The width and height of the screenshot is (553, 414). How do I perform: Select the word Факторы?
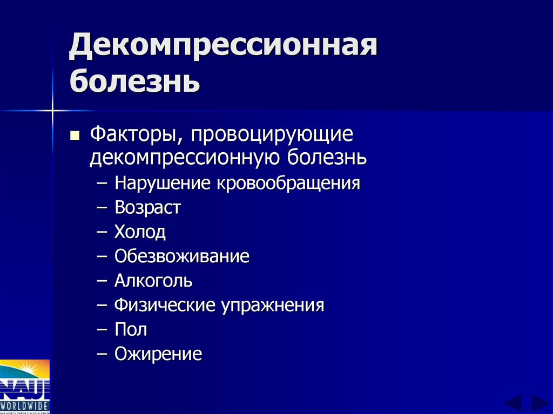[134, 134]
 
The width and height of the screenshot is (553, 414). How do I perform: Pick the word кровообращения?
[288, 184]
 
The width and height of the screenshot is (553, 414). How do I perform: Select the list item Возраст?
[147, 208]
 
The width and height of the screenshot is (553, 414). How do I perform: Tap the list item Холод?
[140, 232]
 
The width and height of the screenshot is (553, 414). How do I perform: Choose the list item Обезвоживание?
[181, 256]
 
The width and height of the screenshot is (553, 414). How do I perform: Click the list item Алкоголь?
[153, 281]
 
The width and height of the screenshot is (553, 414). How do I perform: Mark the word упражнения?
[272, 306]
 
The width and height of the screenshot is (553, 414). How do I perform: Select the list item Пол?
[130, 329]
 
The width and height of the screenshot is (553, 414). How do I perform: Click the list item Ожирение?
[158, 354]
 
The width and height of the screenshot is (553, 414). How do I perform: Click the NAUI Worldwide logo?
[25, 386]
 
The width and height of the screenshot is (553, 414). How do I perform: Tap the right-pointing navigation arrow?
[539, 403]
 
